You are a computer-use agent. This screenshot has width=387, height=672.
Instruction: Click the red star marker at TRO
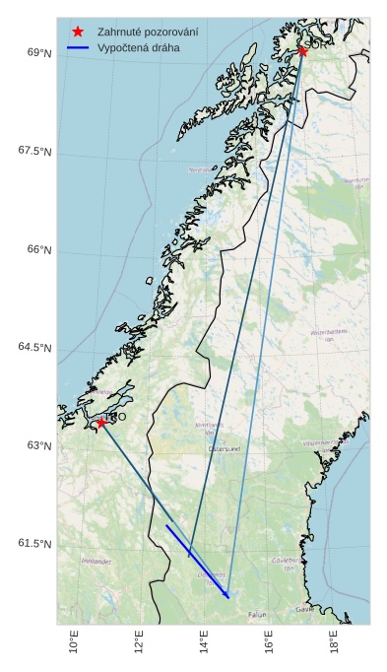(100, 423)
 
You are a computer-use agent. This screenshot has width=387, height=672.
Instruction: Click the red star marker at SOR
(302, 51)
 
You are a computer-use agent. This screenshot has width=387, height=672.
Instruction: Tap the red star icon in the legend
(78, 32)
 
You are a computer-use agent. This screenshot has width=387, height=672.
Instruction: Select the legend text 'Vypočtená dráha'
(138, 47)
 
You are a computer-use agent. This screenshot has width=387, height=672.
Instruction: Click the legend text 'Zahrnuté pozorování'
(148, 32)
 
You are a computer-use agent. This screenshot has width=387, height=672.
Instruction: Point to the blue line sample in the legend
(78, 47)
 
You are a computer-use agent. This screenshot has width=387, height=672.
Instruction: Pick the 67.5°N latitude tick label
(35, 151)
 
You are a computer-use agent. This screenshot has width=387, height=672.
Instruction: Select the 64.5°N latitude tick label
(35, 348)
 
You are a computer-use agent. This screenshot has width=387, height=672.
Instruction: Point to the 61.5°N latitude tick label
(35, 544)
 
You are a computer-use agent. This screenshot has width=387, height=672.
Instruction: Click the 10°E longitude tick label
(75, 643)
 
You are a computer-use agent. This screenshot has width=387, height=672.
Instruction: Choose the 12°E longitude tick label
(140, 643)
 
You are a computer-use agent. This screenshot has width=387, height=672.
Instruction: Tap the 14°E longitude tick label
(205, 643)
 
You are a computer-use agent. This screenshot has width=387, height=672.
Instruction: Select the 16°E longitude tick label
(270, 643)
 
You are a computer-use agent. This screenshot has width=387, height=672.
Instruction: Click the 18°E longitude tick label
(335, 643)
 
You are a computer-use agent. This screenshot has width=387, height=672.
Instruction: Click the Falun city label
(257, 614)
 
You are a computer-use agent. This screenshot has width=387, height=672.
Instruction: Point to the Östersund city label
(225, 448)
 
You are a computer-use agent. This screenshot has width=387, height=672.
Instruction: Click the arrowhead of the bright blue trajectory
(227, 596)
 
